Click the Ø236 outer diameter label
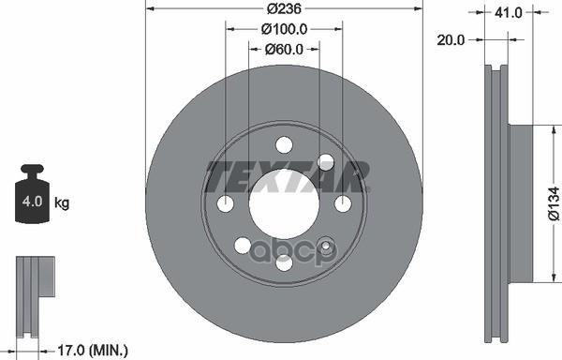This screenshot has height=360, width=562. [x=284, y=8]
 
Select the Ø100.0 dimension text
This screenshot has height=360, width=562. [x=284, y=29]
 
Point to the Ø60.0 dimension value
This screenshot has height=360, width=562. [x=284, y=49]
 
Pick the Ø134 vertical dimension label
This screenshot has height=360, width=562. [x=554, y=203]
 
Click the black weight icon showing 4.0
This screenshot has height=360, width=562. [x=35, y=196]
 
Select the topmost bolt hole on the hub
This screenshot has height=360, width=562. [x=284, y=145]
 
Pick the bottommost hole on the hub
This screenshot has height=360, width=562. [x=284, y=262]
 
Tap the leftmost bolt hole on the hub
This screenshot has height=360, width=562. [x=225, y=203]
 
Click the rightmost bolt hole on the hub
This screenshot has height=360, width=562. [x=343, y=203]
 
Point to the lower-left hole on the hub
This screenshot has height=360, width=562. [x=243, y=246]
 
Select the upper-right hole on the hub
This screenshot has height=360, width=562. [x=325, y=162]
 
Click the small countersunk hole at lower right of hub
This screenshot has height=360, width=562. [x=326, y=246]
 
